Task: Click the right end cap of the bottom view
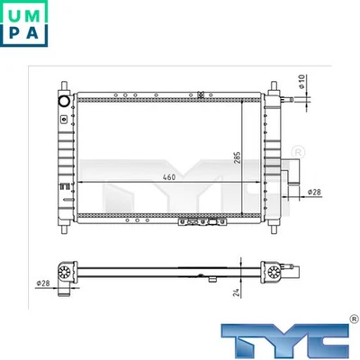271,272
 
